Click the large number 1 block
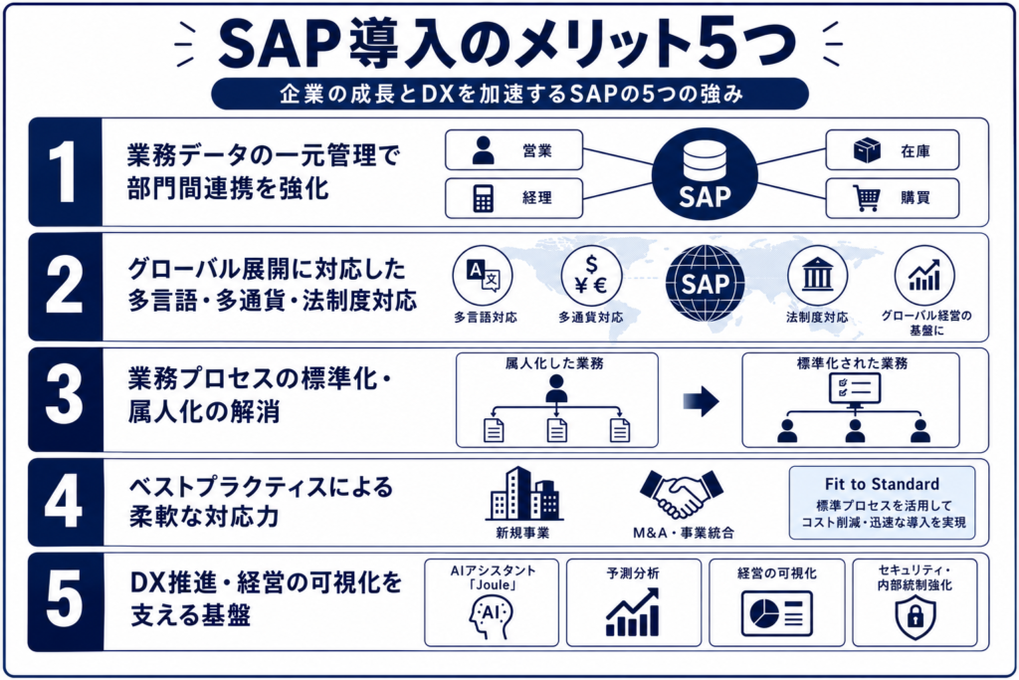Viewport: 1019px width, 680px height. pyautogui.click(x=65, y=172)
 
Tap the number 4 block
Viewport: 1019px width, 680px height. pyautogui.click(x=65, y=502)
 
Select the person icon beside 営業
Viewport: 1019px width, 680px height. pyautogui.click(x=483, y=150)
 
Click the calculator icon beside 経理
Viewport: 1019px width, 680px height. pyautogui.click(x=483, y=198)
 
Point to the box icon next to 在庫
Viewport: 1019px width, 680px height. pyautogui.click(x=867, y=150)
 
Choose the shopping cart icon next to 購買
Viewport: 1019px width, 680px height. pyautogui.click(x=867, y=198)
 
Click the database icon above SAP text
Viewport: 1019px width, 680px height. pyautogui.click(x=705, y=160)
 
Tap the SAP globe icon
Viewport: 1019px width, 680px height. pyautogui.click(x=706, y=284)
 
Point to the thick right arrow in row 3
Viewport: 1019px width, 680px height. pyautogui.click(x=701, y=401)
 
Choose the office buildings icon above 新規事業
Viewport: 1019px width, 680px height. pyautogui.click(x=523, y=494)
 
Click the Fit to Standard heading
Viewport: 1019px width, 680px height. pyautogui.click(x=882, y=484)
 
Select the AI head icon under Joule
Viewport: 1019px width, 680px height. pyautogui.click(x=491, y=617)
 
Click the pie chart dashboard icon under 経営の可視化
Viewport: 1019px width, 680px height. pyautogui.click(x=776, y=613)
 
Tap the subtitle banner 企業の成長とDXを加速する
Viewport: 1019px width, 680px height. pyautogui.click(x=510, y=95)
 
